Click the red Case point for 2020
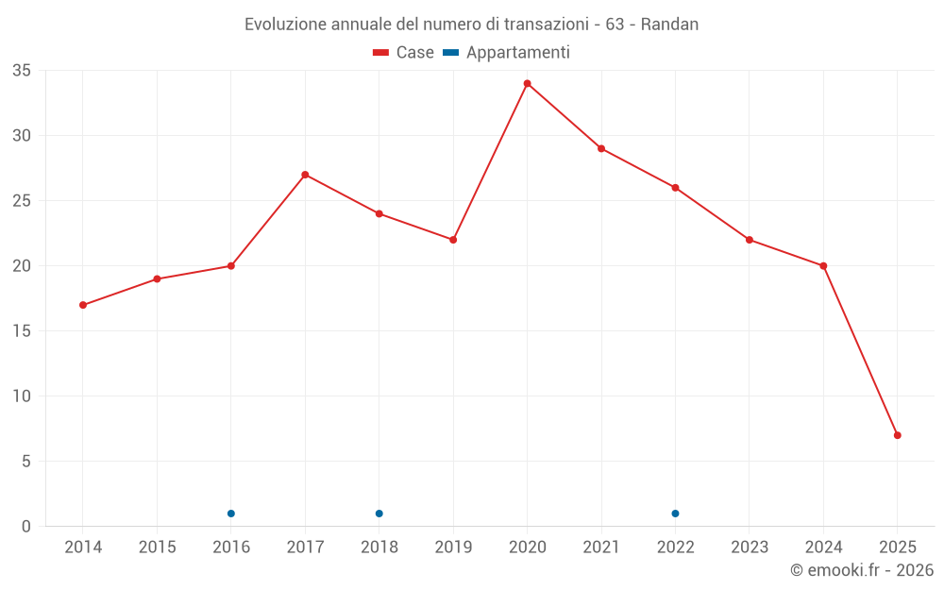coord(528,83)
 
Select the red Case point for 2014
coord(83,305)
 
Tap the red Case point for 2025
coord(898,435)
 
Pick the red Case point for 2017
coord(305,175)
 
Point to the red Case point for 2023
coord(750,240)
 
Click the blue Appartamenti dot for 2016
coord(231,514)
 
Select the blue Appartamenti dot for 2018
coord(379,514)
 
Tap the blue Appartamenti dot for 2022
coord(676,514)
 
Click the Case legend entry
coord(404,53)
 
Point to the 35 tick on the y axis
coord(22,71)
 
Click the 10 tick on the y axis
coord(22,396)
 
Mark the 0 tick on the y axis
coord(26,527)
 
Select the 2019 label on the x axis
coord(453,548)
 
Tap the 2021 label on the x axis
coord(601,548)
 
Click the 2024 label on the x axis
coord(823,548)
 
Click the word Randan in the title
coord(669,25)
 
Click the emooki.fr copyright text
coord(862,570)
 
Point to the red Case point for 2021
coord(601,148)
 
